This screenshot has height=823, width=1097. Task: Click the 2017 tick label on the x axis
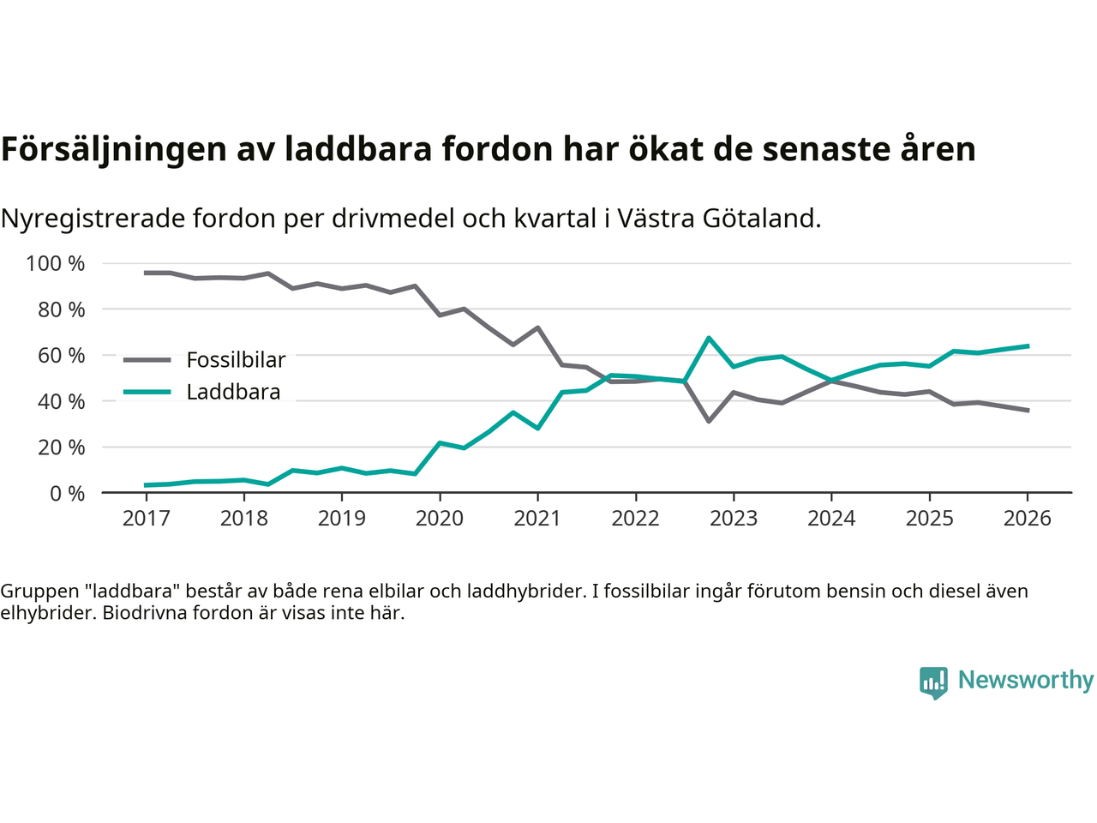click(x=146, y=519)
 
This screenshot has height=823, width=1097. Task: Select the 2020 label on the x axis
click(x=440, y=519)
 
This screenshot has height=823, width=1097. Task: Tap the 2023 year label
click(x=734, y=519)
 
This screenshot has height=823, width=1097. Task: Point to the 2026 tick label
click(x=1027, y=519)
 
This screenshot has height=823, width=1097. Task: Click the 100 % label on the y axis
click(x=56, y=263)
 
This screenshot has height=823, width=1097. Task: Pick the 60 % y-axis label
click(x=61, y=355)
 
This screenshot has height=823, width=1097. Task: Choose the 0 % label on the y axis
click(x=67, y=493)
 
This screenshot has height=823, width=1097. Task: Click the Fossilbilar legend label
click(x=236, y=360)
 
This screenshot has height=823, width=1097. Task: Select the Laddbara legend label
click(x=233, y=393)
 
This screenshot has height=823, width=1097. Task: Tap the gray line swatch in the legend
click(x=147, y=360)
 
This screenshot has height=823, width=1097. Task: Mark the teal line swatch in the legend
click(x=147, y=393)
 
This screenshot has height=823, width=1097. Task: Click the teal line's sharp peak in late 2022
click(x=709, y=338)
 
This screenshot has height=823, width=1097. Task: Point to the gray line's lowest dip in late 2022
click(x=709, y=421)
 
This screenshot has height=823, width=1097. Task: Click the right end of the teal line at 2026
click(x=1028, y=346)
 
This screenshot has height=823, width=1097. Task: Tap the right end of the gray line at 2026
click(x=1028, y=411)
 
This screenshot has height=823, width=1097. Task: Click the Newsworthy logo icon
click(x=933, y=682)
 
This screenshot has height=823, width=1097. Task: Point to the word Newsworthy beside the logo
click(x=1025, y=680)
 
